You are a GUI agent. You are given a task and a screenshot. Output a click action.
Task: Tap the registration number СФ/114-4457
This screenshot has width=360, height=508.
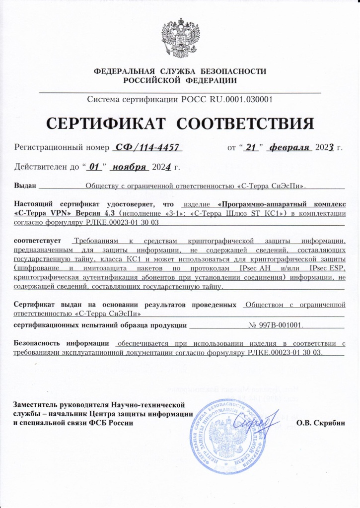click(147, 147)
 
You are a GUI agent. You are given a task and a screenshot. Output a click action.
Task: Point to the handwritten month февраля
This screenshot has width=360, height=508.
click(288, 147)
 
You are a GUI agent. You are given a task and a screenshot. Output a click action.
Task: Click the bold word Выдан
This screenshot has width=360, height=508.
click(25, 186)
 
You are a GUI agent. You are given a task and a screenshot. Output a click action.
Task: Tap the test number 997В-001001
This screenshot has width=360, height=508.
click(276, 325)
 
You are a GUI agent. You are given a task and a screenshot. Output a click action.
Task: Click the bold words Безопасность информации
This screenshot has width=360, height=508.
click(62, 343)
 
